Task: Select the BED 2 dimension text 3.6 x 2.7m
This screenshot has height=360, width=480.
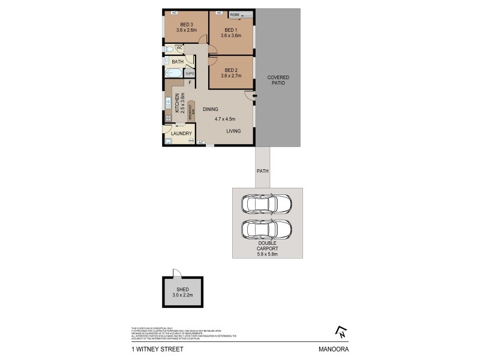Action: point(231,76)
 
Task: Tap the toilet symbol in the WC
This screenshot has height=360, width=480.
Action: point(170,49)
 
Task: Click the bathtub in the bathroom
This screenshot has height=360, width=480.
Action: point(173,73)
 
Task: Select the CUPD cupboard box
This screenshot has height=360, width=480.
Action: point(189,73)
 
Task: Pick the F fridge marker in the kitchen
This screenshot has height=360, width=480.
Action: point(190,82)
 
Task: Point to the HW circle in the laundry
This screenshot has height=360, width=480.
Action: point(191,141)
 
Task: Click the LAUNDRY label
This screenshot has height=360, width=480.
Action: point(182,133)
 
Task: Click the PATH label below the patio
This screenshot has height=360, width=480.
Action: point(263,170)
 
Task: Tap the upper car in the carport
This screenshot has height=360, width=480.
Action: point(267,204)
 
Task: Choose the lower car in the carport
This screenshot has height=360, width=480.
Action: point(267,229)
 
